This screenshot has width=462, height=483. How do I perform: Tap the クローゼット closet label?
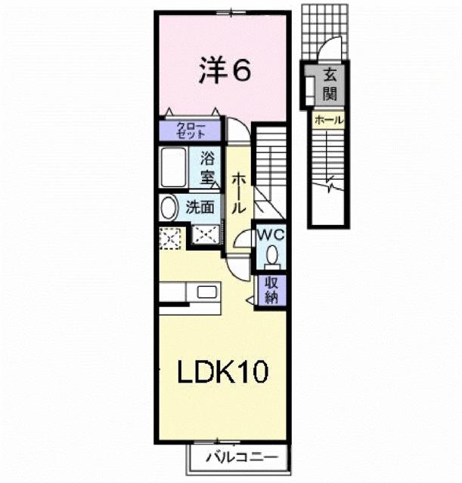pyautogui.click(x=190, y=130)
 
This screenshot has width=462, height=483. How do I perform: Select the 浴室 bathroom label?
pyautogui.click(x=207, y=169)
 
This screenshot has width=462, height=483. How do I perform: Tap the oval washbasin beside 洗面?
pyautogui.click(x=169, y=207)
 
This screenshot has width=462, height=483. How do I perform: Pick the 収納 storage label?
pyautogui.click(x=271, y=289)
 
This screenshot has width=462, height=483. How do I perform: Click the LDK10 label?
pyautogui.click(x=222, y=371)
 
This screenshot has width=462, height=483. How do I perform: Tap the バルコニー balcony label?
pyautogui.click(x=237, y=457)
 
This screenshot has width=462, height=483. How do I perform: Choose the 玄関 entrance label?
pyautogui.click(x=330, y=85)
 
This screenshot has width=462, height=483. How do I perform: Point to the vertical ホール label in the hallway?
pyautogui.click(x=237, y=192)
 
